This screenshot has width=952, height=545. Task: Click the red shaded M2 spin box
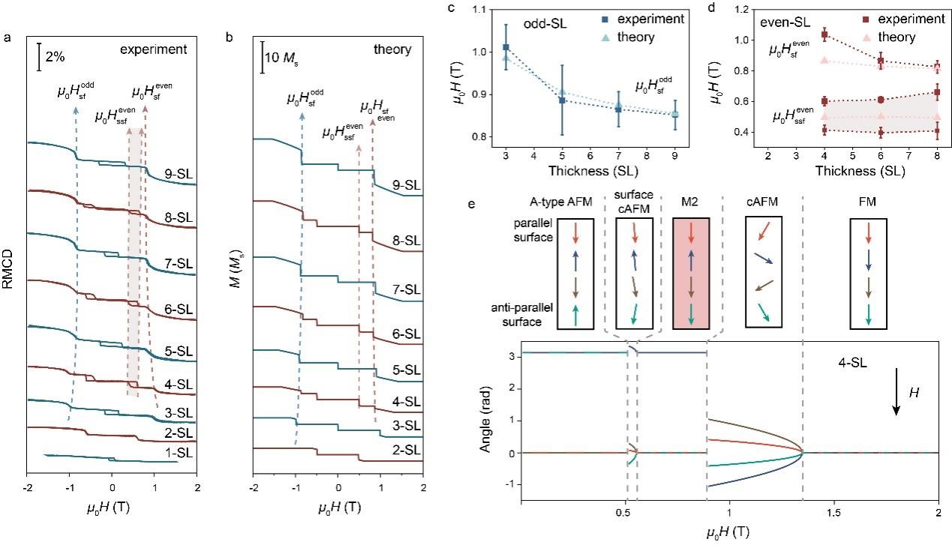690,274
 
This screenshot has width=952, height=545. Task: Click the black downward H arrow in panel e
896,396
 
